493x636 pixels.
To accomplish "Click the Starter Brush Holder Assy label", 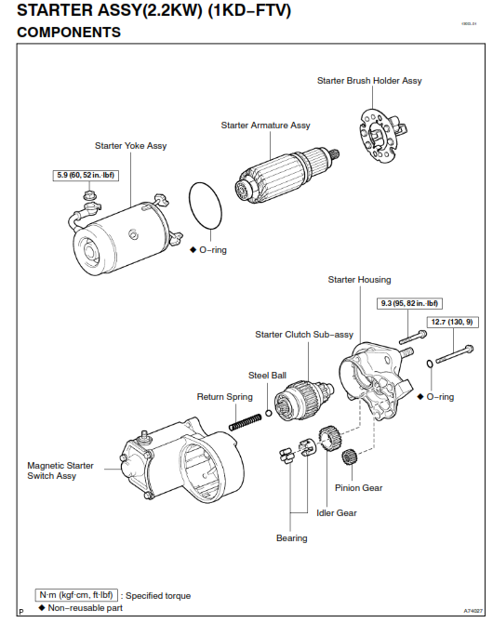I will pos(369,81).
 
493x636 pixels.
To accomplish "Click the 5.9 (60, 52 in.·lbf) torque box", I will pos(86,175).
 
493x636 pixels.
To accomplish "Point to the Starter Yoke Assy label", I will pos(131,146).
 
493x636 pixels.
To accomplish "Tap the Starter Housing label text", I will pos(359,280).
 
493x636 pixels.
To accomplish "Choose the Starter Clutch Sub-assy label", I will pos(304,335).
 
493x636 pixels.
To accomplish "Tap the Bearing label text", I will pos(291,538).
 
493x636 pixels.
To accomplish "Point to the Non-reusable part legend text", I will pos(85,607).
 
